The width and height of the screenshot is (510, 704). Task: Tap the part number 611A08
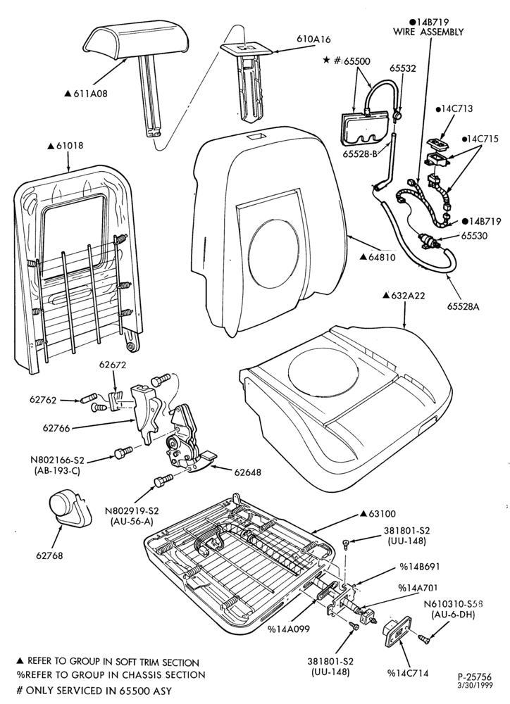[90, 94]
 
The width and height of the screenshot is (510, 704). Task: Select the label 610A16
[313, 39]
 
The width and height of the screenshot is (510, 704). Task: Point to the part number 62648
[247, 472]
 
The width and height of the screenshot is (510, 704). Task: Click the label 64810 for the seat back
[382, 257]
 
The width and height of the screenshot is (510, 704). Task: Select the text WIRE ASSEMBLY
[428, 32]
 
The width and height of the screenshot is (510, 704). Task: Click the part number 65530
[473, 236]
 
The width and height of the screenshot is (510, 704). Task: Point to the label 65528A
[464, 307]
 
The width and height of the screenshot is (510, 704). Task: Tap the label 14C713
[457, 108]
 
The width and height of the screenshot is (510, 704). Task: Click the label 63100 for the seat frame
[382, 514]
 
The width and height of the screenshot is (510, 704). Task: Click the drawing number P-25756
[474, 677]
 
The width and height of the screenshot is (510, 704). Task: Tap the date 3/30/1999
[475, 686]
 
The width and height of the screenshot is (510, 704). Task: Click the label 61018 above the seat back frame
[70, 146]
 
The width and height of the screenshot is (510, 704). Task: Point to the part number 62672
[113, 366]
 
